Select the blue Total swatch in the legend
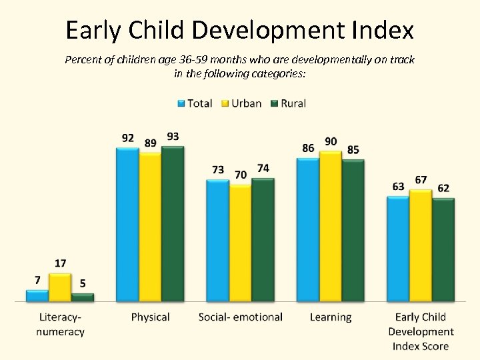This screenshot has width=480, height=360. (180, 103)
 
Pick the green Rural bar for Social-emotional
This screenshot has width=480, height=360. (263, 240)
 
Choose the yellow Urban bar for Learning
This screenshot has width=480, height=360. (331, 227)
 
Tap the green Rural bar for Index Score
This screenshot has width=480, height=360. (443, 250)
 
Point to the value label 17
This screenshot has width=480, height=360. (60, 263)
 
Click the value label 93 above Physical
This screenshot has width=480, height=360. (173, 137)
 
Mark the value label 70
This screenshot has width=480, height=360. (241, 175)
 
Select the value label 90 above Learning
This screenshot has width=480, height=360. (331, 141)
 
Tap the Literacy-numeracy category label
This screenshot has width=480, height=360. (60, 323)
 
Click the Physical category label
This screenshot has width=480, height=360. (150, 317)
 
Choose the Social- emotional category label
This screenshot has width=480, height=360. (241, 317)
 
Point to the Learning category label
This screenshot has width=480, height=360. (331, 317)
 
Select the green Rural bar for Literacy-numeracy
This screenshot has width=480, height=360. (83, 297)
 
